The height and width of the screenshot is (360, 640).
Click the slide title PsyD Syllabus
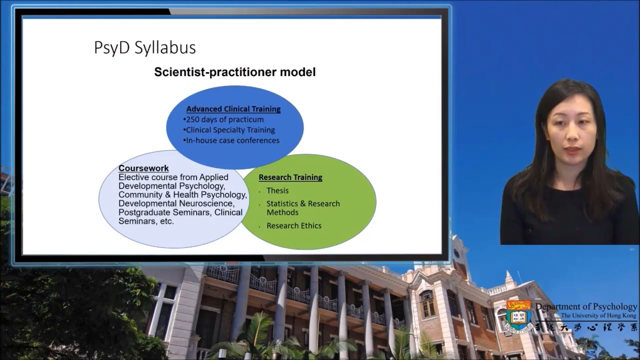144,48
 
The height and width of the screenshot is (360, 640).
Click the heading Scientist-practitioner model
234,72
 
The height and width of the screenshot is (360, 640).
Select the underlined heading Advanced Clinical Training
233,109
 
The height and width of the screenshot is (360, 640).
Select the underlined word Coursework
143,168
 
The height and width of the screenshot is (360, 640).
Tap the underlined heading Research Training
290,177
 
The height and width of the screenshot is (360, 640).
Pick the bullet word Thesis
277,190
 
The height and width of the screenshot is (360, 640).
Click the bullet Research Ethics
293,225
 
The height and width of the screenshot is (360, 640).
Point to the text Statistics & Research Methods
302,208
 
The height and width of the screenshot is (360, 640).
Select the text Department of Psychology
586,306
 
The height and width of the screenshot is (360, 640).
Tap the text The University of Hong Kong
598,316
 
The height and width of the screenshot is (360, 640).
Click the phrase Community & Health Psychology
182,194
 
